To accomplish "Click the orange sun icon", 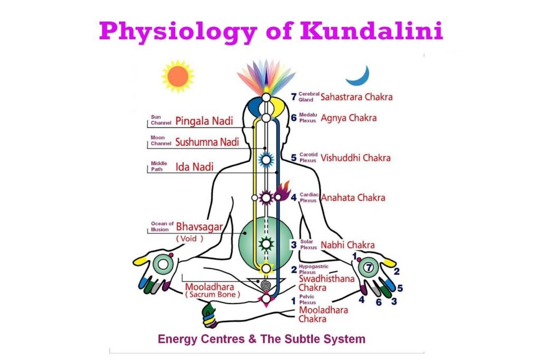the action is click(x=178, y=76).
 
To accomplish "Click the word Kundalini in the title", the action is click(x=371, y=31).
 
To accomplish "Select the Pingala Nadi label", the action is click(x=204, y=121).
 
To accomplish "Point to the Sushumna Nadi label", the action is click(x=207, y=142).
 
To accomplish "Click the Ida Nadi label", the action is click(x=195, y=167).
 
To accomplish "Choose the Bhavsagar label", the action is click(x=199, y=227).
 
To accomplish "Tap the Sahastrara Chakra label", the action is click(x=356, y=97).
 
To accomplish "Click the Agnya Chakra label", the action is click(x=349, y=118).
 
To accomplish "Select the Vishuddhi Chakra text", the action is click(x=355, y=158).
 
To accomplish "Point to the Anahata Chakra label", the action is click(x=353, y=198).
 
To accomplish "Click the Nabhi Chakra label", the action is click(x=348, y=245).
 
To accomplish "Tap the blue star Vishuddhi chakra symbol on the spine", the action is click(x=266, y=160).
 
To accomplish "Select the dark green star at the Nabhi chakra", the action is click(x=266, y=244).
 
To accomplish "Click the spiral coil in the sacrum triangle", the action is click(x=266, y=285).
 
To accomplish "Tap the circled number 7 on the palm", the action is click(x=369, y=267).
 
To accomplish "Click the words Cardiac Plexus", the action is click(x=309, y=198).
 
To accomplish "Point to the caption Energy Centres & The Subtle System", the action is click(x=262, y=339).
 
